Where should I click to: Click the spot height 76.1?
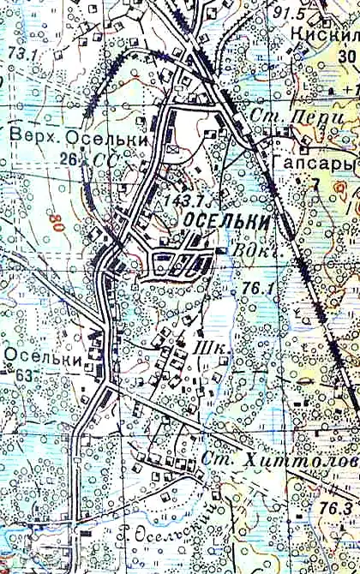point(256,289)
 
